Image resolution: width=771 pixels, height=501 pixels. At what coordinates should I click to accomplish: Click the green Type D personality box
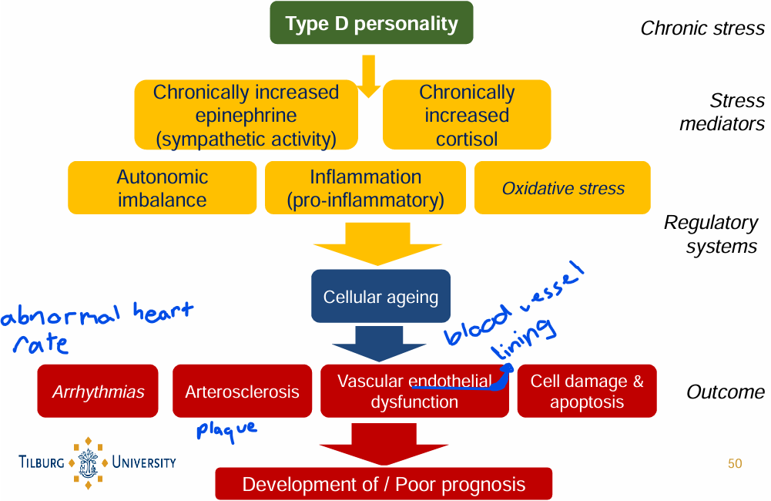370,23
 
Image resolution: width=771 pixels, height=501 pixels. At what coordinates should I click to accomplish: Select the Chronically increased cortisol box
467,115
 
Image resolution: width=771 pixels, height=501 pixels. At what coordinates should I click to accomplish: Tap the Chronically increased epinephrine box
246,115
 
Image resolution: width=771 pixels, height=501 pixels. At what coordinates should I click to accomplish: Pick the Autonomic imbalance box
162,187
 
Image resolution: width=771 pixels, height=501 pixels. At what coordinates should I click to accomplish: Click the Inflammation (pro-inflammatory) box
365,187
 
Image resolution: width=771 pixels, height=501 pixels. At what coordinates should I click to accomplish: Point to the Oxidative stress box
562,187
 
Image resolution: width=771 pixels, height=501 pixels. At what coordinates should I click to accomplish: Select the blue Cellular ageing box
380,296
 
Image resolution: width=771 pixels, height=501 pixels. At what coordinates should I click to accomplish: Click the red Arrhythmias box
98,392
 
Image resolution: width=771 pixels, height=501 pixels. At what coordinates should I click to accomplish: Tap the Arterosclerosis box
242,392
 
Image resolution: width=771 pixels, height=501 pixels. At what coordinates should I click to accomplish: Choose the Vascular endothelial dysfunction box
414,392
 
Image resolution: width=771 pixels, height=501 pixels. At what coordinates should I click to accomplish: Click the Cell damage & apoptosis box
587,392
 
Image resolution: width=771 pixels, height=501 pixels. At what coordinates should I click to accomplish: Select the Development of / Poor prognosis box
384,484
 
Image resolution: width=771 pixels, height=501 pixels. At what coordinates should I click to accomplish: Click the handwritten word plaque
226,429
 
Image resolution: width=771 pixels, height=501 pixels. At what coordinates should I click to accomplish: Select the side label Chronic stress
702,29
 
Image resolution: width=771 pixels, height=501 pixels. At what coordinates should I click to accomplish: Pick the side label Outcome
725,392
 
